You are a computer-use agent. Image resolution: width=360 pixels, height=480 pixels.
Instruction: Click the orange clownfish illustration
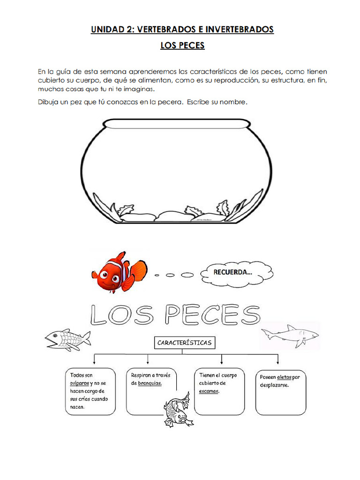pyautogui.click(x=118, y=272)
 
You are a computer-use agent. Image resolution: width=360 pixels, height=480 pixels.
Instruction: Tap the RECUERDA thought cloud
pyautogui.click(x=237, y=272)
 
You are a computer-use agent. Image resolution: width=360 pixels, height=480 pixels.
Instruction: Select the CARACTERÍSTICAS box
pyautogui.click(x=184, y=343)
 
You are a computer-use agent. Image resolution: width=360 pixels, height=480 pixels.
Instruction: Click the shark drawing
pyautogui.click(x=290, y=335)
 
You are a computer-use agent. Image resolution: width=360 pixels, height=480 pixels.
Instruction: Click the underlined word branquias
pyautogui.click(x=150, y=383)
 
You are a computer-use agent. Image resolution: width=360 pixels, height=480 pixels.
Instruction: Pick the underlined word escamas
pyautogui.click(x=209, y=391)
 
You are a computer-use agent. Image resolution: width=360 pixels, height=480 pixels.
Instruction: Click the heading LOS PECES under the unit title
pyautogui.click(x=182, y=46)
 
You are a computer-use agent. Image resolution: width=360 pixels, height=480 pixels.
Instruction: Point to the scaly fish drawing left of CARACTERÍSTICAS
pyautogui.click(x=67, y=339)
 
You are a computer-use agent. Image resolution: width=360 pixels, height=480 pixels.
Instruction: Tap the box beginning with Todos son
pyautogui.click(x=90, y=391)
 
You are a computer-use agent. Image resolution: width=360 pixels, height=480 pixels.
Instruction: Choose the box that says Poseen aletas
pyautogui.click(x=280, y=391)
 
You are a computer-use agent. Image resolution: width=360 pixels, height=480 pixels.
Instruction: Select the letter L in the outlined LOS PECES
pyautogui.click(x=100, y=315)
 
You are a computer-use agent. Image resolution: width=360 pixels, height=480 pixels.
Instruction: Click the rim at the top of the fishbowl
pyautogui.click(x=175, y=123)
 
